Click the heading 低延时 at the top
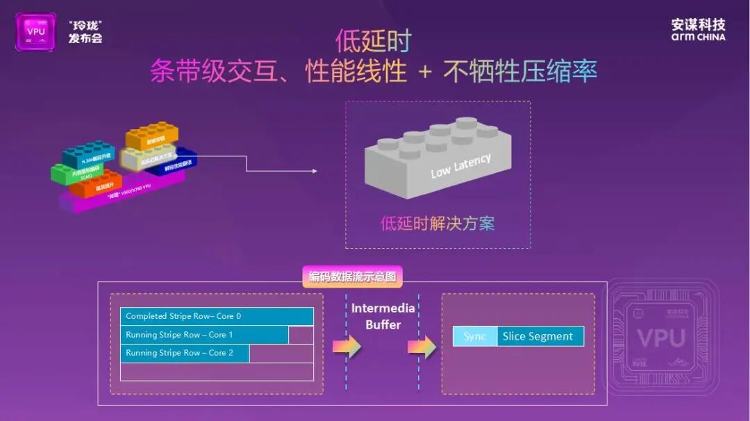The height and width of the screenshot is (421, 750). [x=373, y=41]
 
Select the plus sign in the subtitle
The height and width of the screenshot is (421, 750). [x=424, y=72]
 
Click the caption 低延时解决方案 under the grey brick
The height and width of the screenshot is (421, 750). [x=437, y=223]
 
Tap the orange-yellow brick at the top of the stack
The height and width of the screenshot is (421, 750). [x=151, y=136]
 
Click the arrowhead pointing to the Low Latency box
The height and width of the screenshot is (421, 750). [x=313, y=171]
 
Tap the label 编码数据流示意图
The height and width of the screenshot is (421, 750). [x=353, y=276]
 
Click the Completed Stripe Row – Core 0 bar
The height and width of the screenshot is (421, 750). [x=217, y=316]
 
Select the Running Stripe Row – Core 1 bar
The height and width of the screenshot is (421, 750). [x=204, y=335]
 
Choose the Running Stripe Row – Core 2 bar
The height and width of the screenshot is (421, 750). [x=185, y=353]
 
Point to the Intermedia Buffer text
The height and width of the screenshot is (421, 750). [x=383, y=316]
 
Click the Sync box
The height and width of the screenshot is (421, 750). [x=475, y=336]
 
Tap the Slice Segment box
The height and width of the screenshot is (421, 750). [x=540, y=336]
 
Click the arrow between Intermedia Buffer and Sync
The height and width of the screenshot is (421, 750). [x=422, y=347]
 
